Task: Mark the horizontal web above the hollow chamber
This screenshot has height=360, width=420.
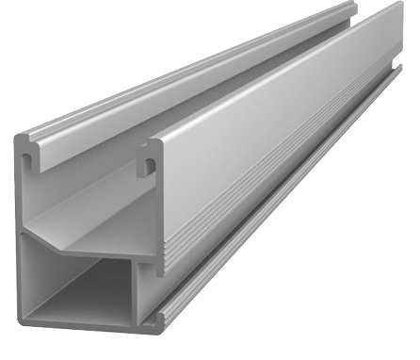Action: (85, 247)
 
